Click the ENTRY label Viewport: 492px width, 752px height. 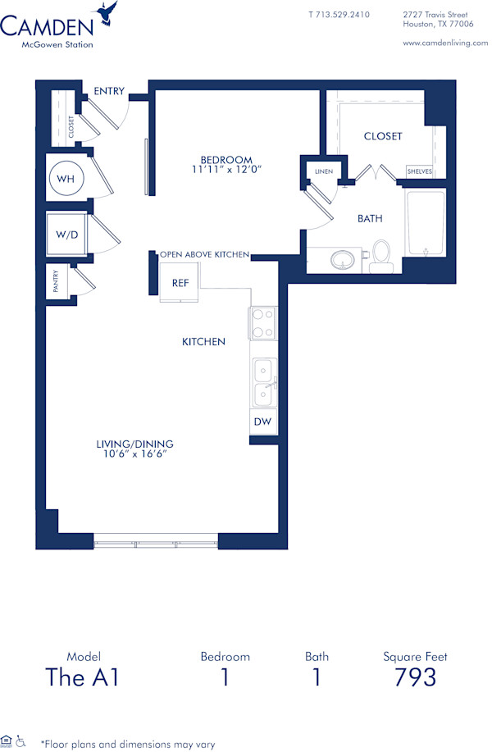[x=108, y=91]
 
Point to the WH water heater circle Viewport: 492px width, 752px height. [x=66, y=177]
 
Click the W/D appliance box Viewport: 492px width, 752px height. [x=66, y=234]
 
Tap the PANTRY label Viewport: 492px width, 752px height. [x=56, y=283]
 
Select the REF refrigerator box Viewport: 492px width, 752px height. [x=180, y=283]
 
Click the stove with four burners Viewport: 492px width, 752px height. [x=263, y=323]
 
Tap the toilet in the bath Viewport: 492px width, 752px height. [x=381, y=254]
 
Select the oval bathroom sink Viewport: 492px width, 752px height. [x=345, y=261]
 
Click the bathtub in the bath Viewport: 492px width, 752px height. [x=425, y=223]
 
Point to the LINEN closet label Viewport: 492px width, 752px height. [x=322, y=171]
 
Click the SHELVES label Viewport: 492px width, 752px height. [x=419, y=171]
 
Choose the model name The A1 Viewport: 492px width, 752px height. [x=82, y=677]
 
